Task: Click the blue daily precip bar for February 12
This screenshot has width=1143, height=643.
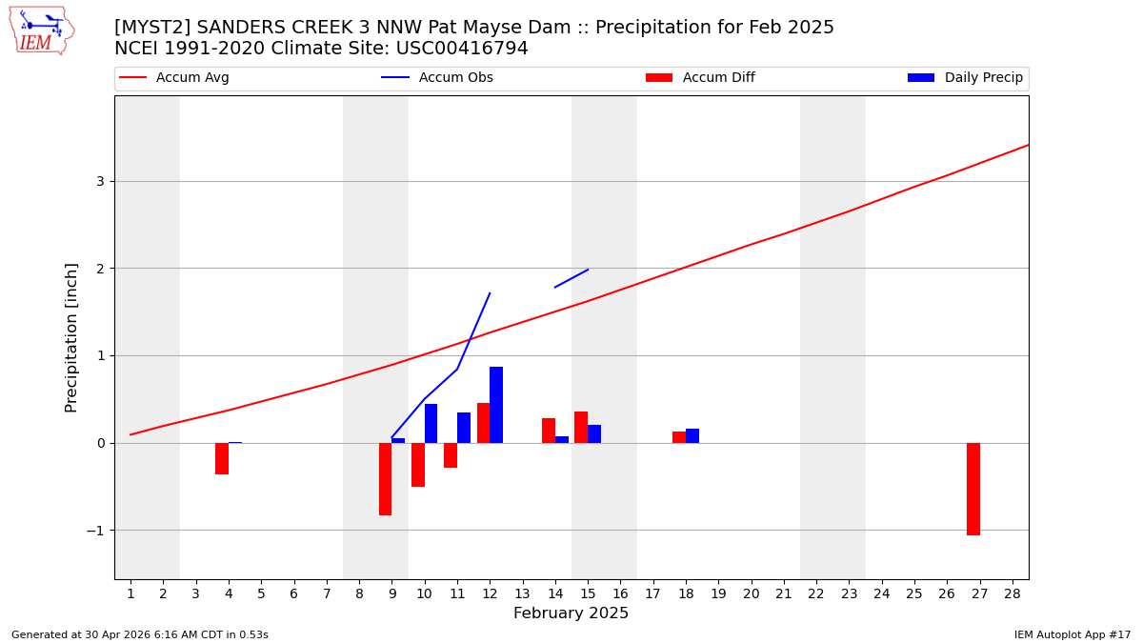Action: [496, 405]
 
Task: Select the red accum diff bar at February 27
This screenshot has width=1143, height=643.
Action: [973, 489]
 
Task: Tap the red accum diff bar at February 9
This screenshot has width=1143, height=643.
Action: [385, 479]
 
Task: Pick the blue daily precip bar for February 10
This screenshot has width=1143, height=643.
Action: [431, 424]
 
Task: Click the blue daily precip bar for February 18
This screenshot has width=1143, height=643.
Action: [692, 436]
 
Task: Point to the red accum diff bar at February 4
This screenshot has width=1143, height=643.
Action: [222, 458]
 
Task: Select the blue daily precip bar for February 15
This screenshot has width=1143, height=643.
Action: [594, 434]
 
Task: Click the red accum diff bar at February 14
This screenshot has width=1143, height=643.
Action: [549, 431]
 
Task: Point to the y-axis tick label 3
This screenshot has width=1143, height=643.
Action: [100, 181]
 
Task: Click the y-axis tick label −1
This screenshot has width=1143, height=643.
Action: [95, 531]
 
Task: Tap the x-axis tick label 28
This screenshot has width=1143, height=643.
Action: [1013, 593]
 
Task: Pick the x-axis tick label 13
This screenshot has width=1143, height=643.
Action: [522, 593]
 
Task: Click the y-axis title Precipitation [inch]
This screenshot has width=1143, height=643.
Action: [71, 337]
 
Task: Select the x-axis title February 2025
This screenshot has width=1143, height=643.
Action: [571, 613]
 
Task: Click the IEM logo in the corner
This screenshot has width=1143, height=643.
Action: [41, 30]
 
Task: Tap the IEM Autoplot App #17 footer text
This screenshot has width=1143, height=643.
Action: [1072, 634]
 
